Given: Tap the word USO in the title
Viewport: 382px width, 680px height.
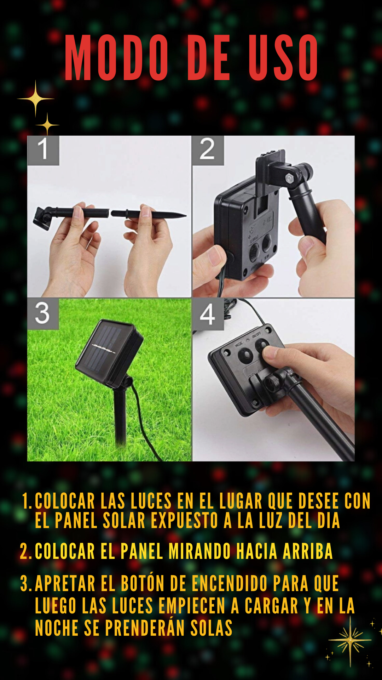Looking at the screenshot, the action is click(283, 58).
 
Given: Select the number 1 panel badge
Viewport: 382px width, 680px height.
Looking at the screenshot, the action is click(43, 150).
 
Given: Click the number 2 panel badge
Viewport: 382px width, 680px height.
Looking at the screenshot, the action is click(208, 150).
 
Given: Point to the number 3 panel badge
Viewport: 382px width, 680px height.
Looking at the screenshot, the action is click(43, 314).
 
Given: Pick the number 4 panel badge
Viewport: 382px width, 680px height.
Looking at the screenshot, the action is click(208, 314).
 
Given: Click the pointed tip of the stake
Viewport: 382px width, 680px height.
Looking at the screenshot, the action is click(185, 215).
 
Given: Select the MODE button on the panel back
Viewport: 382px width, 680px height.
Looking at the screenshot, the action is click(245, 355).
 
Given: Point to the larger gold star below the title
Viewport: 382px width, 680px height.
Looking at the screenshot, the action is click(35, 99).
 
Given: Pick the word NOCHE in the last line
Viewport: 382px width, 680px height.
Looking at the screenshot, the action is click(57, 628).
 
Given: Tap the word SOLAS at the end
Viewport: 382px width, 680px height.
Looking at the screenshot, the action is click(211, 628).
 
